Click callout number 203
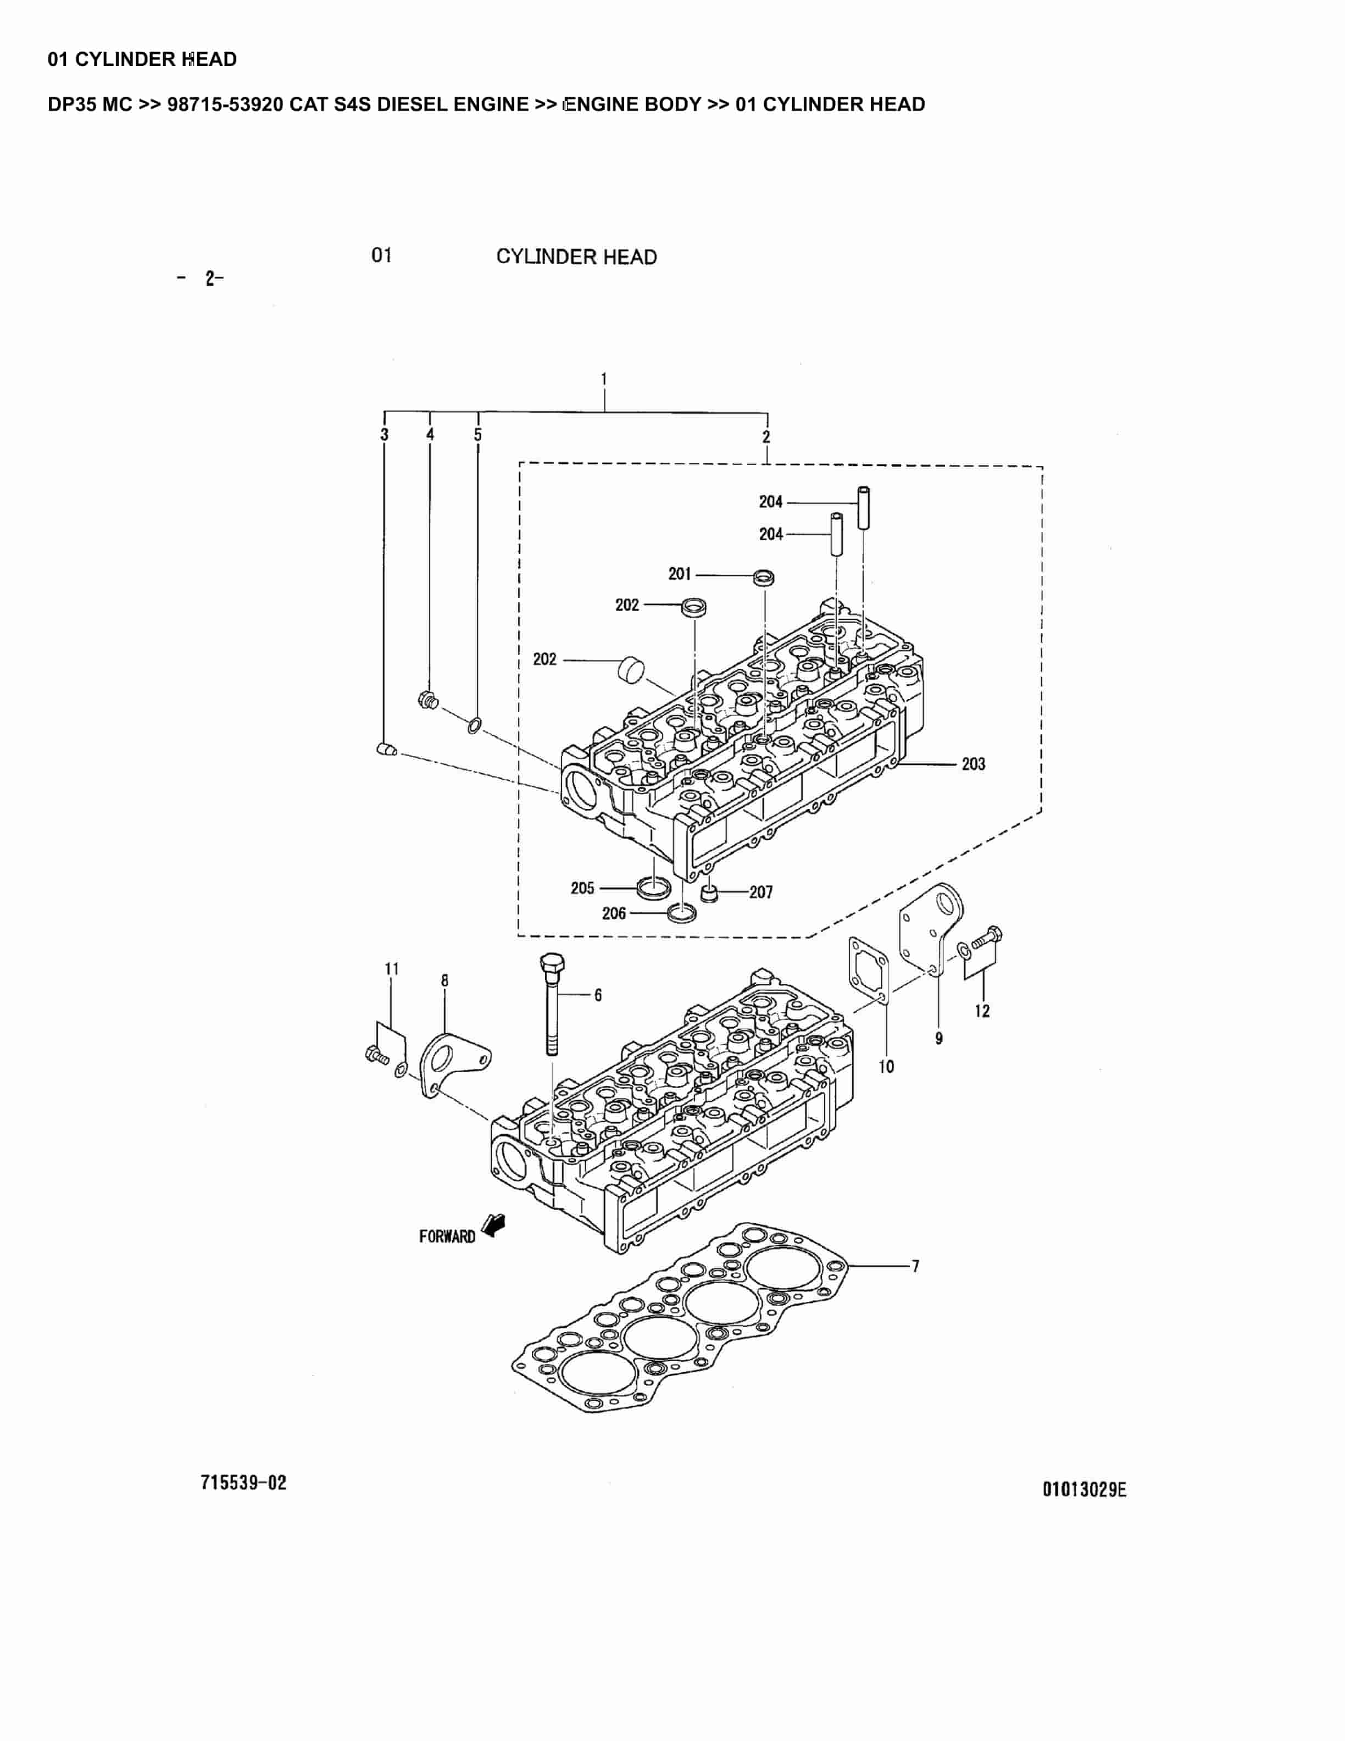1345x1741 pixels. (973, 764)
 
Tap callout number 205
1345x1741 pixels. (582, 888)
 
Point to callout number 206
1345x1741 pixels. (614, 913)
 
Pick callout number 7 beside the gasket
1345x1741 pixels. (915, 1265)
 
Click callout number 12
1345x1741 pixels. (982, 1011)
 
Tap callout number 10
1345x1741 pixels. (887, 1067)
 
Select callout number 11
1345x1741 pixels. (391, 968)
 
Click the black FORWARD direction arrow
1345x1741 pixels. (495, 1224)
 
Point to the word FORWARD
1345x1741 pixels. (447, 1237)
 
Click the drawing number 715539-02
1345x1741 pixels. (243, 1483)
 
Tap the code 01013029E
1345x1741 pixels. (1085, 1489)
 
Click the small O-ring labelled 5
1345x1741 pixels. (474, 725)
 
